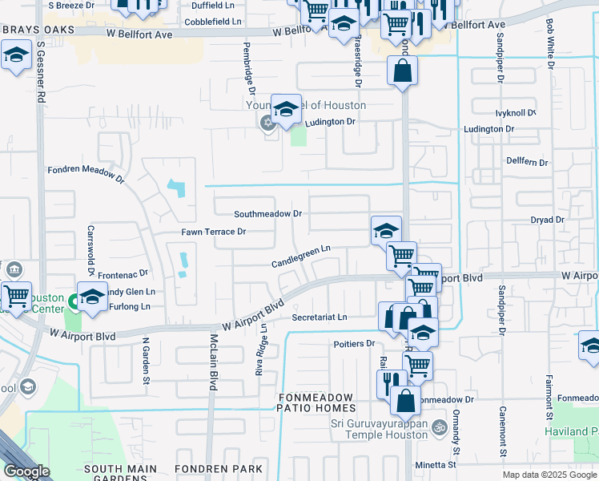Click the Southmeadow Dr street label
coord(267,214)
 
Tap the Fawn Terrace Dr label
coord(213,232)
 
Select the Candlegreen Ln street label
coord(301,256)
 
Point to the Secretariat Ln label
coord(320,317)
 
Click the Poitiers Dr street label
coord(354,344)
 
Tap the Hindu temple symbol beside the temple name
coord(438,427)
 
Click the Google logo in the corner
coord(26,471)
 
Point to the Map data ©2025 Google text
coord(549,475)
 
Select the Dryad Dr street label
coord(548,219)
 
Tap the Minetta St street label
coord(435,464)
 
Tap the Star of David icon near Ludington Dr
coord(267,123)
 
